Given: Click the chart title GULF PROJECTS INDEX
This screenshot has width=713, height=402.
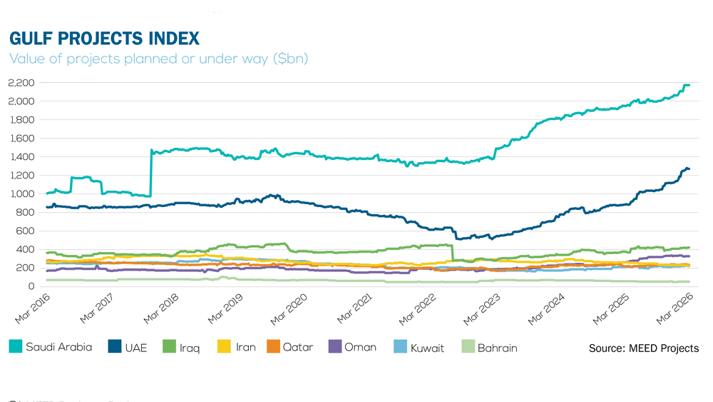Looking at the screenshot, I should [104, 38].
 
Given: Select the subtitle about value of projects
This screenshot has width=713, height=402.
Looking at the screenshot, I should [158, 59].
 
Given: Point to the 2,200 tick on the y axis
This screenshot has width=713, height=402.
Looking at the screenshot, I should [21, 83].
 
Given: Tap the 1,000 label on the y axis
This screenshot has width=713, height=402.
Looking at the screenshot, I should [21, 194].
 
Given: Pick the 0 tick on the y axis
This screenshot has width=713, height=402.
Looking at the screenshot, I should [32, 286].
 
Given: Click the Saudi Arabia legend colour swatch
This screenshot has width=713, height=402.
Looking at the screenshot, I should [16, 347].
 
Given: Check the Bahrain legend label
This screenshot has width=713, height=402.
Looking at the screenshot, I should [497, 348].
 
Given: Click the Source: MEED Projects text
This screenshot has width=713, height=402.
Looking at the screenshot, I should [643, 348].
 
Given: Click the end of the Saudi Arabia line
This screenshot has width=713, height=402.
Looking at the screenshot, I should [689, 86].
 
